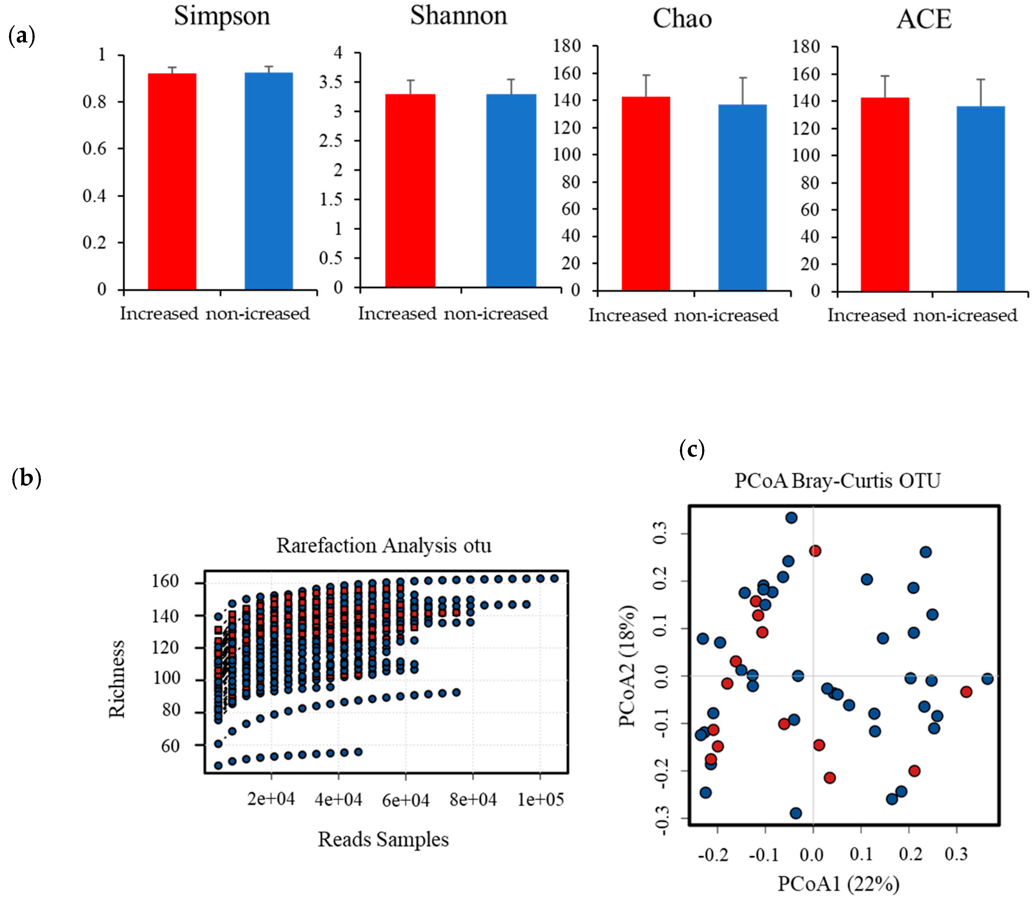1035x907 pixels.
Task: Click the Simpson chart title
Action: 222,16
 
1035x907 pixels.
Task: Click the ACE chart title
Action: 924,19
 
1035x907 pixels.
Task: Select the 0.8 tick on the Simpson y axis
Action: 95,102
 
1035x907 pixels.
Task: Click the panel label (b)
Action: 26,477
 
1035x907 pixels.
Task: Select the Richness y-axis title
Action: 117,679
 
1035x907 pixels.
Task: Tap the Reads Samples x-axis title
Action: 383,839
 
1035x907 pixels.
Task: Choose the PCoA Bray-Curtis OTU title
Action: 837,480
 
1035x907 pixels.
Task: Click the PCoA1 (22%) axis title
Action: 838,884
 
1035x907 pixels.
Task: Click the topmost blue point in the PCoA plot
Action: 791,518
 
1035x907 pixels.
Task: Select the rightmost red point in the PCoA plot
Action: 966,692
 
